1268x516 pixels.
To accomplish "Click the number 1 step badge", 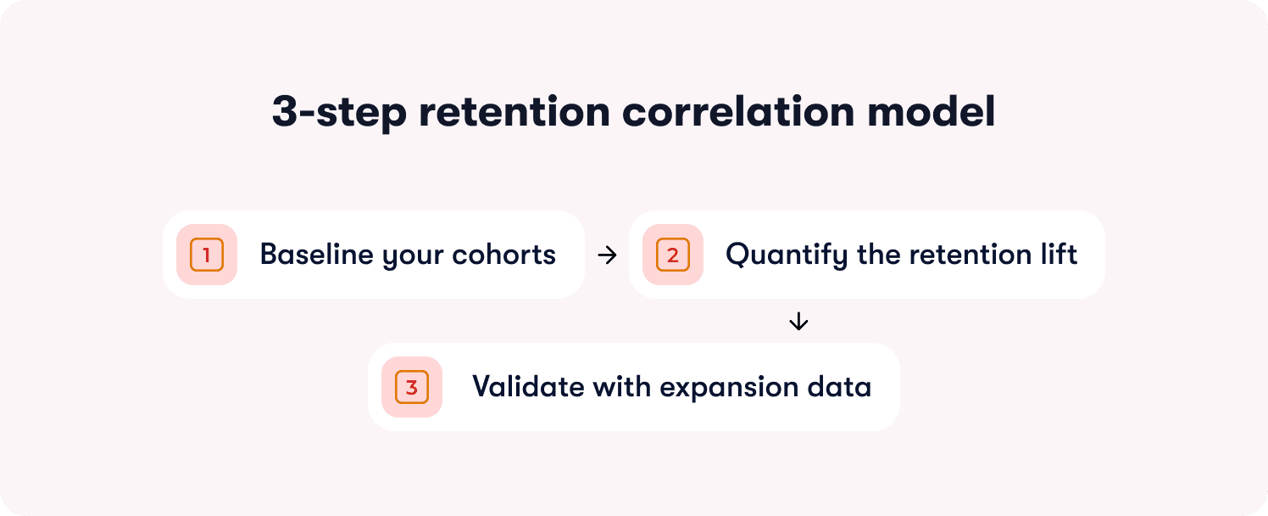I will tap(207, 255).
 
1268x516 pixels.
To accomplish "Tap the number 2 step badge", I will tap(673, 255).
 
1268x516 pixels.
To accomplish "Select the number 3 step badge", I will tap(412, 387).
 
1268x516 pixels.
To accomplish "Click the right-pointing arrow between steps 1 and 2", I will tap(607, 255).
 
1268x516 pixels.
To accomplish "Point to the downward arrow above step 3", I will tap(798, 322).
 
